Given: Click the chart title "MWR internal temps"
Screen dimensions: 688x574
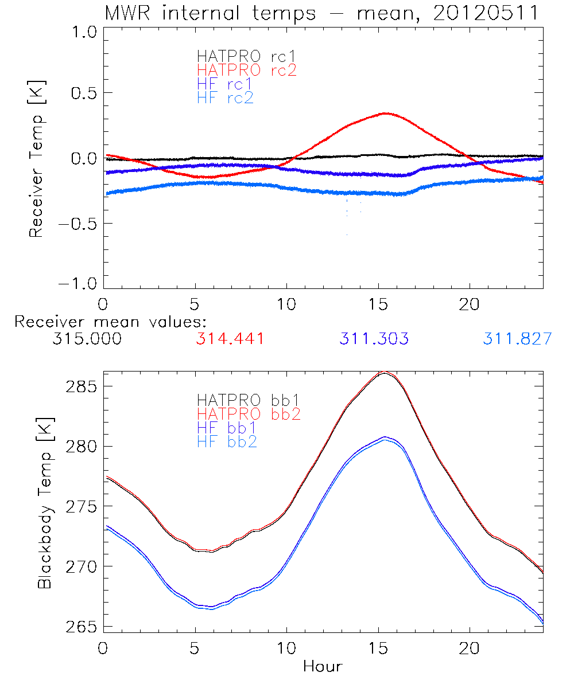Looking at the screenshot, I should tap(210, 13).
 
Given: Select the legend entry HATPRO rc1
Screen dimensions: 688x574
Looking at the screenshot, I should tap(247, 56).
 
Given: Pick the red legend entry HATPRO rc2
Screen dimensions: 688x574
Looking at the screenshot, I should tap(247, 70).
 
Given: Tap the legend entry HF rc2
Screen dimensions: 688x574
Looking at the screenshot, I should tap(225, 97).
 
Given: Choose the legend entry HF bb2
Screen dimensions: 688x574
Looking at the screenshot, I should tap(227, 441).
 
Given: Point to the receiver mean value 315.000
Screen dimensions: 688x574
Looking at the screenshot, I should tap(87, 339).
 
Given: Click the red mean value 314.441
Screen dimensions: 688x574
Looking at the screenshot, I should tap(230, 339).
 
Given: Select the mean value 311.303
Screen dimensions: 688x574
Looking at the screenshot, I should tap(374, 339).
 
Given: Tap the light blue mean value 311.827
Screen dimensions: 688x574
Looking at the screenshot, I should tap(517, 339).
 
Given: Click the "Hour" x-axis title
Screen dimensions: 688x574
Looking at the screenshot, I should tap(323, 666).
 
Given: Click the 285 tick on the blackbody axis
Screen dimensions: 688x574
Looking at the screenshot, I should tap(81, 386).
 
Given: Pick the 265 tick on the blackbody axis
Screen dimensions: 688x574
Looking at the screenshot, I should tap(81, 626).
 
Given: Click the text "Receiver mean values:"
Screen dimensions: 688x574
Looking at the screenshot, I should tap(111, 322).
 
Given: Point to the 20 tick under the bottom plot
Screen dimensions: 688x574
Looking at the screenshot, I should tap(470, 648).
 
